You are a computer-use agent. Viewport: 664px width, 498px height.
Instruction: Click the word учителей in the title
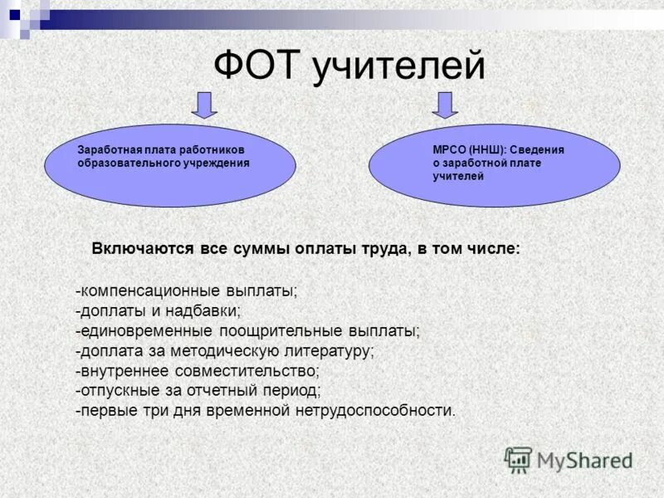point(399,66)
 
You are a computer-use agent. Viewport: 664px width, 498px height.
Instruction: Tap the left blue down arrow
point(205,105)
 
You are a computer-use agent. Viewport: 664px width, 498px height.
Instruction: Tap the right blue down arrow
point(446,105)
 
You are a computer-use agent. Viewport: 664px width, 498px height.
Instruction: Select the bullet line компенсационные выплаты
point(186,292)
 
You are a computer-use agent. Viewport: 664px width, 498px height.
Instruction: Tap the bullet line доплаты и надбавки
point(158,311)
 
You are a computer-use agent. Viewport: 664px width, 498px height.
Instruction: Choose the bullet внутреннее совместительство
point(197,370)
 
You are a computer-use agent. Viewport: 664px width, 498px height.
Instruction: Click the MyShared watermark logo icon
point(519,459)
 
